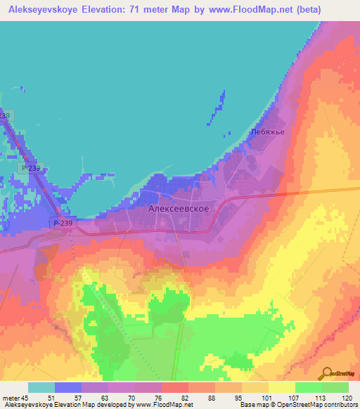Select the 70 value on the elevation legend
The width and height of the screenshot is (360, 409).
pos(131,397)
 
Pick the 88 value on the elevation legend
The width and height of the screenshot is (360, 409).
pos(211,397)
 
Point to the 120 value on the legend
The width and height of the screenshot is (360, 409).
pos(345,397)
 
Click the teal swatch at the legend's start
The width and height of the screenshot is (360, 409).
pos(41,387)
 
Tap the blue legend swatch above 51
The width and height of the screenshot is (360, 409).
pos(68,387)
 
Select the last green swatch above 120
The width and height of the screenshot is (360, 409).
pos(335,387)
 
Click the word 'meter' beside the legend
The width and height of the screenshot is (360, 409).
pos(11,397)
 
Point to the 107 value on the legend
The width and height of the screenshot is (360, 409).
pos(291,397)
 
